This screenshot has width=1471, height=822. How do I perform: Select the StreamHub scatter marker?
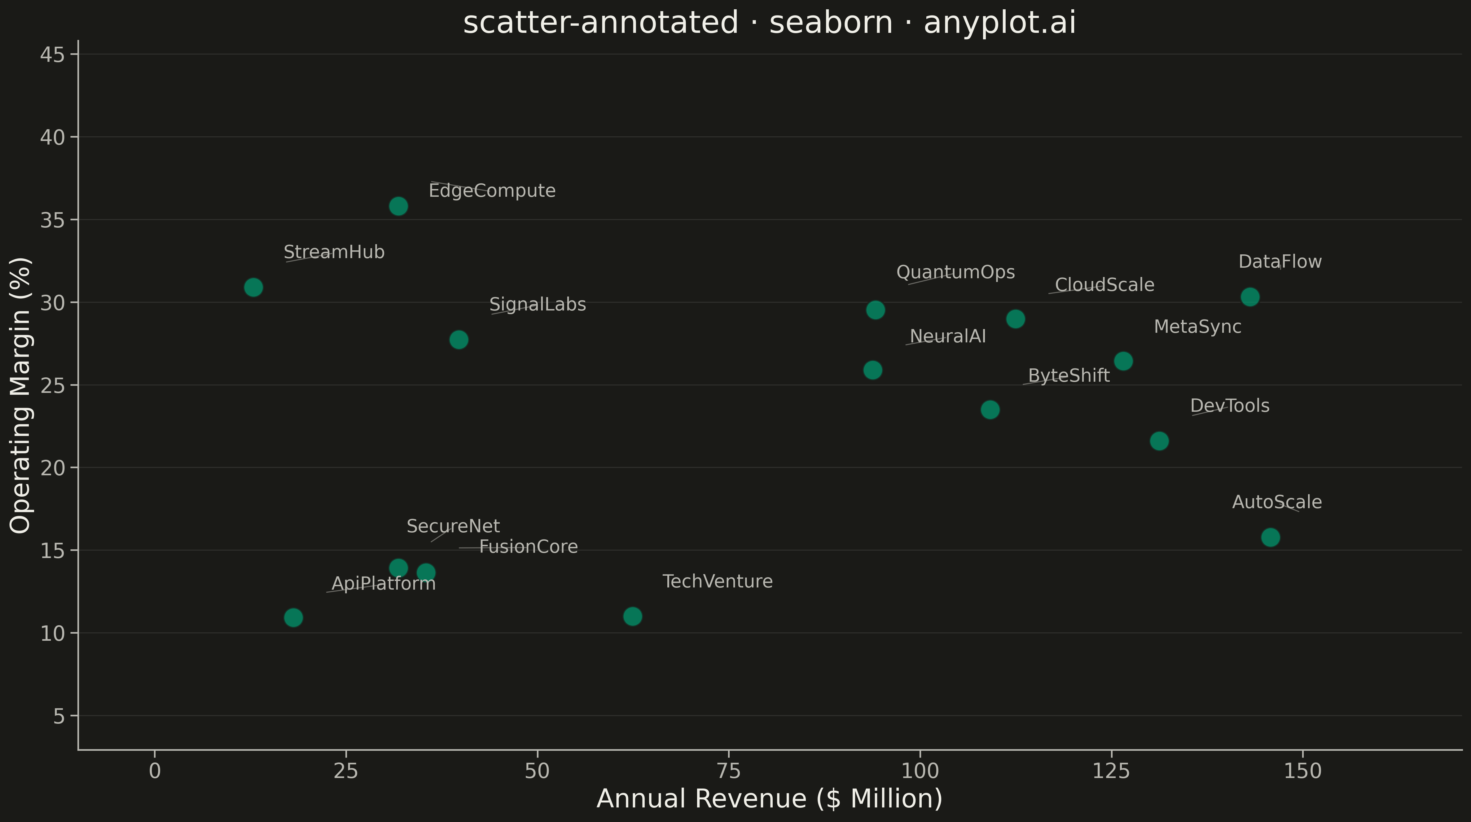[253, 287]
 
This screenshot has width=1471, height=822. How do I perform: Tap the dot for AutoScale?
[1270, 537]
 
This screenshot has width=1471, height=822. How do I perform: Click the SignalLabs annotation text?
[537, 305]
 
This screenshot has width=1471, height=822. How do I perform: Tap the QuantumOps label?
[955, 272]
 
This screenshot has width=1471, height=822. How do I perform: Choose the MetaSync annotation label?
[1197, 327]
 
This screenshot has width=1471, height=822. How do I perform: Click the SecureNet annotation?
[453, 526]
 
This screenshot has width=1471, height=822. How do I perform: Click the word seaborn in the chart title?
[831, 23]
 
